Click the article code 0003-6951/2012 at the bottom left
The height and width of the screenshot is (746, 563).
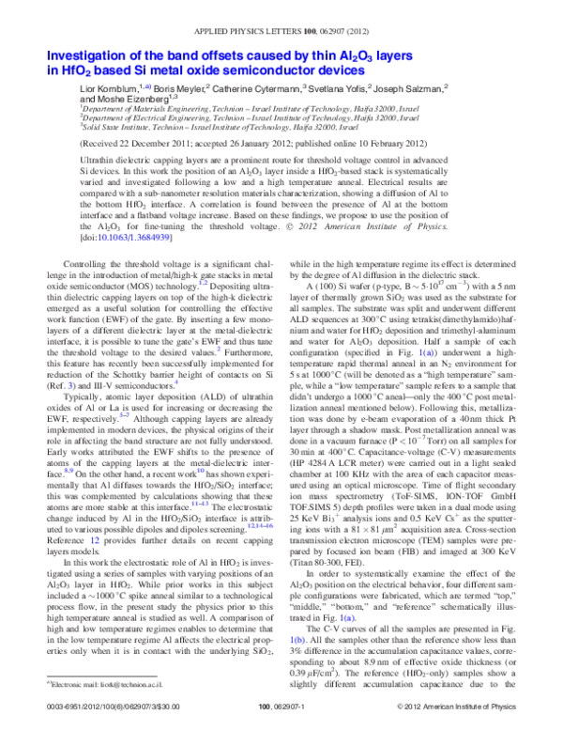click(x=84, y=730)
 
